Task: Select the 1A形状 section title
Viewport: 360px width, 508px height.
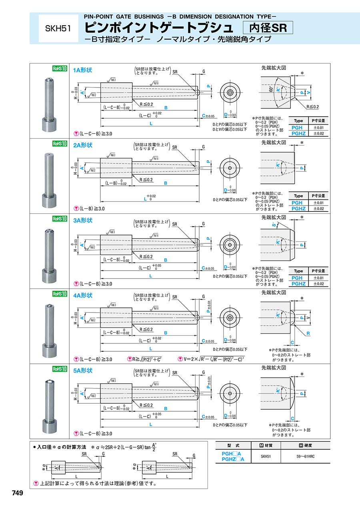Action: [x=82, y=70]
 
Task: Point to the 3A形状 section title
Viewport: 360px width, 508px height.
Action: [x=82, y=220]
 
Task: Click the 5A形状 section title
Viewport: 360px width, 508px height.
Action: [x=82, y=371]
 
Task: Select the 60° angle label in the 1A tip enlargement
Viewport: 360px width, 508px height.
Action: [x=272, y=90]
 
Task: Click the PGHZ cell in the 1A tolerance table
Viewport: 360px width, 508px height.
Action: [x=298, y=133]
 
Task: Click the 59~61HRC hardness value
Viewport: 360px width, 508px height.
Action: [x=306, y=456]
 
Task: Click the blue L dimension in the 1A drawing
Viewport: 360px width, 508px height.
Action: [x=151, y=124]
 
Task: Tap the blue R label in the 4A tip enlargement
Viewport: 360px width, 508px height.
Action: [x=308, y=333]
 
